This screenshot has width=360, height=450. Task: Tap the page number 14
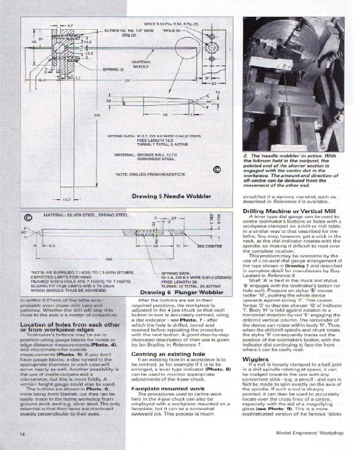(x=22, y=434)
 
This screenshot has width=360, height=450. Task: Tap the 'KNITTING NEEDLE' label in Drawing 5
(x=140, y=64)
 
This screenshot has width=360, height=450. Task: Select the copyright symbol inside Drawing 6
(x=28, y=217)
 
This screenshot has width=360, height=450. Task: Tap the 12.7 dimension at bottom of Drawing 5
(x=64, y=198)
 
